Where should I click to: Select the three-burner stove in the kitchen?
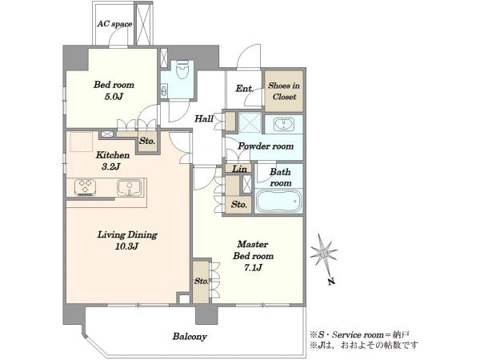click(x=85, y=187)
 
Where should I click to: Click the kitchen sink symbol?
click(x=130, y=187)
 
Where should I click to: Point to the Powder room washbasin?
click(x=284, y=124)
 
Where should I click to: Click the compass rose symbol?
click(x=323, y=253)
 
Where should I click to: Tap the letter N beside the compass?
click(x=331, y=282)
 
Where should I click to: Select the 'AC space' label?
click(x=114, y=24)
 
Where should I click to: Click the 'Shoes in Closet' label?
click(x=284, y=91)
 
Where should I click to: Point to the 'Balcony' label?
click(x=190, y=337)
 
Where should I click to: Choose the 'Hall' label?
click(x=204, y=118)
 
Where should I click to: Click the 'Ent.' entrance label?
click(x=245, y=89)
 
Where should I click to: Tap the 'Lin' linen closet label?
click(x=240, y=169)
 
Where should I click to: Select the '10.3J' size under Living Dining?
click(x=127, y=246)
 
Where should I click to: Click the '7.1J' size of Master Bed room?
click(x=253, y=268)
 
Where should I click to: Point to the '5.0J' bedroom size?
click(x=114, y=97)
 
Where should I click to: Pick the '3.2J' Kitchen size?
click(x=111, y=167)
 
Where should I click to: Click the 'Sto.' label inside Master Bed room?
click(x=202, y=281)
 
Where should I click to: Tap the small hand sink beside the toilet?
click(x=164, y=91)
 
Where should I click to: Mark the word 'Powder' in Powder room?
click(x=252, y=146)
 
